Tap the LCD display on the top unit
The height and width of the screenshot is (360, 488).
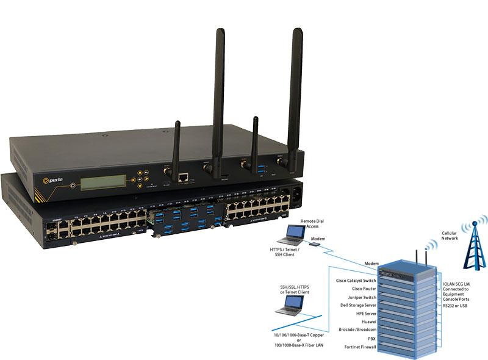pyautogui.click(x=104, y=179)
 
